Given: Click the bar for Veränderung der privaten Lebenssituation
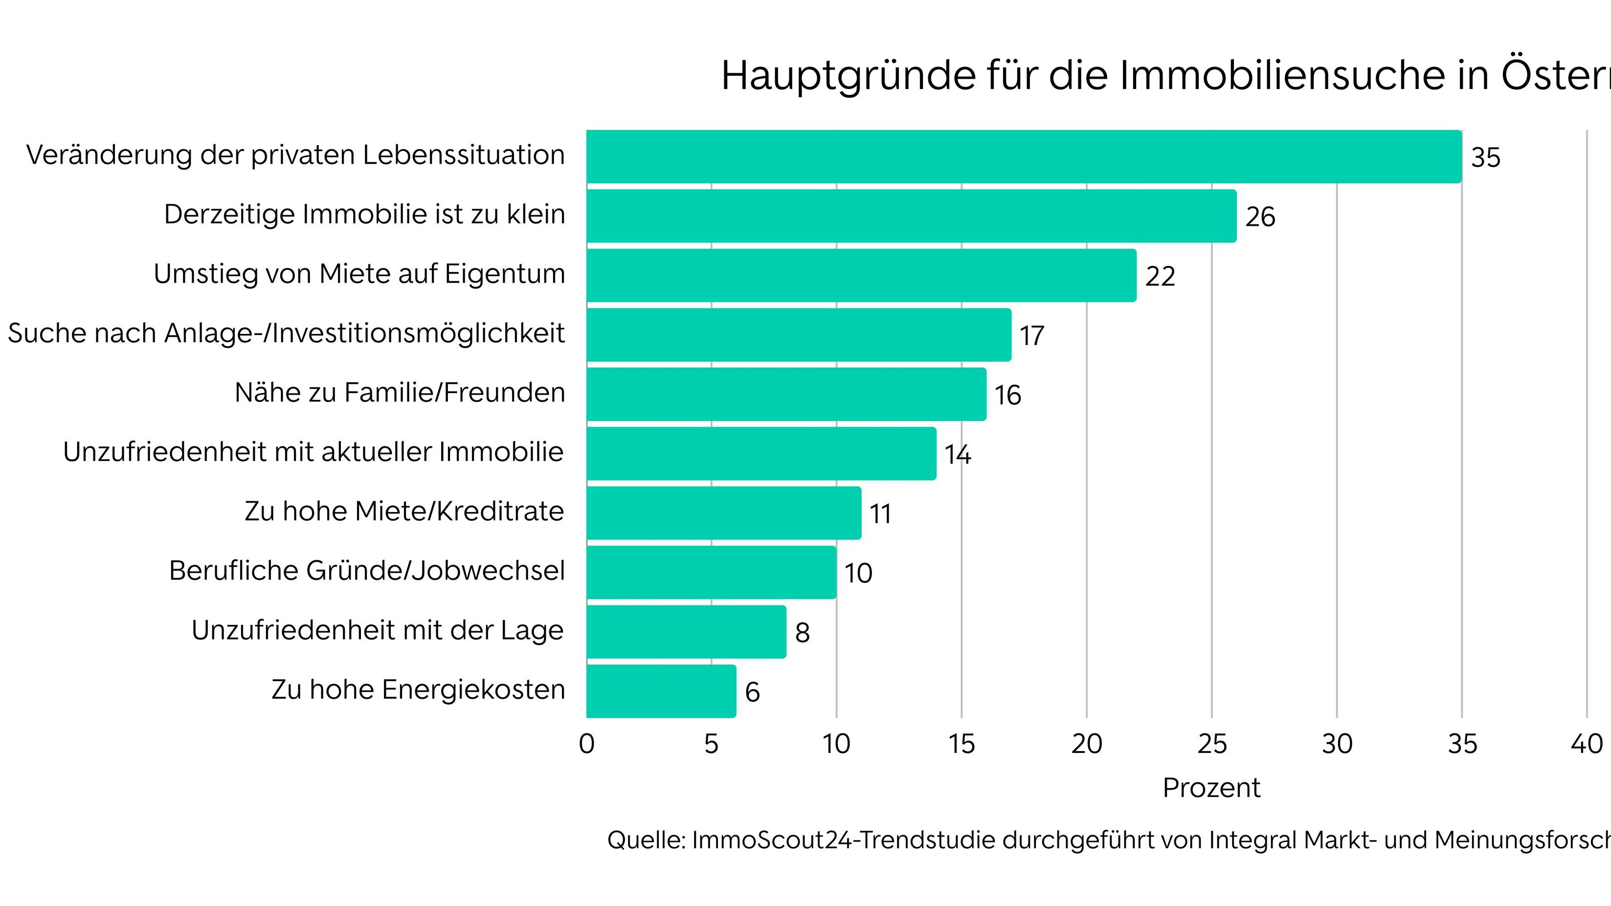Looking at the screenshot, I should (1023, 156).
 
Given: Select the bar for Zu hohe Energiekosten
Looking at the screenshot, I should (661, 691).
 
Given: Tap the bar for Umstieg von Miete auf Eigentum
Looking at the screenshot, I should (861, 275).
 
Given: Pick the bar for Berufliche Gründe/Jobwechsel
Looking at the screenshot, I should (711, 572).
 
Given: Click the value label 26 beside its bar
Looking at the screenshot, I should (1259, 217).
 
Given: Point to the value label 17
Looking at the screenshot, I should (1031, 336).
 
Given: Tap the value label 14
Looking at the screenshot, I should (957, 455).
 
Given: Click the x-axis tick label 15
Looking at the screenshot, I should (961, 744).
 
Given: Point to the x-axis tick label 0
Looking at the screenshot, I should (586, 744).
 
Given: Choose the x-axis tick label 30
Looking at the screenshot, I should (1337, 744).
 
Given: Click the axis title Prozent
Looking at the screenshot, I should (1211, 788).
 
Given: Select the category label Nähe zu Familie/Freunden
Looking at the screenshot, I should (400, 393).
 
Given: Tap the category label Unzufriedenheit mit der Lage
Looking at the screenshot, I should (377, 630).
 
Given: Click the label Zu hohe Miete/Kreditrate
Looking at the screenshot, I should (404, 511).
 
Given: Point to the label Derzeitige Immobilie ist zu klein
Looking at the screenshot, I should (364, 215).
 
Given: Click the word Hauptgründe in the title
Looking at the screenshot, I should (849, 76).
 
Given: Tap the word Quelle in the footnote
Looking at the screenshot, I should (646, 840).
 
